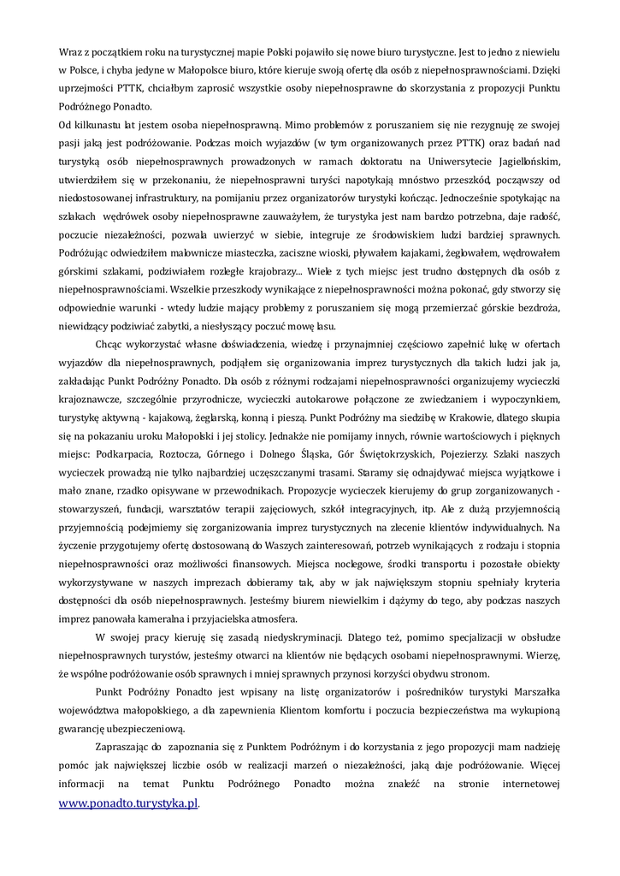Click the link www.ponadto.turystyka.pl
point(128,804)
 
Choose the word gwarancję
point(86,729)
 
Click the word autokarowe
point(315,400)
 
